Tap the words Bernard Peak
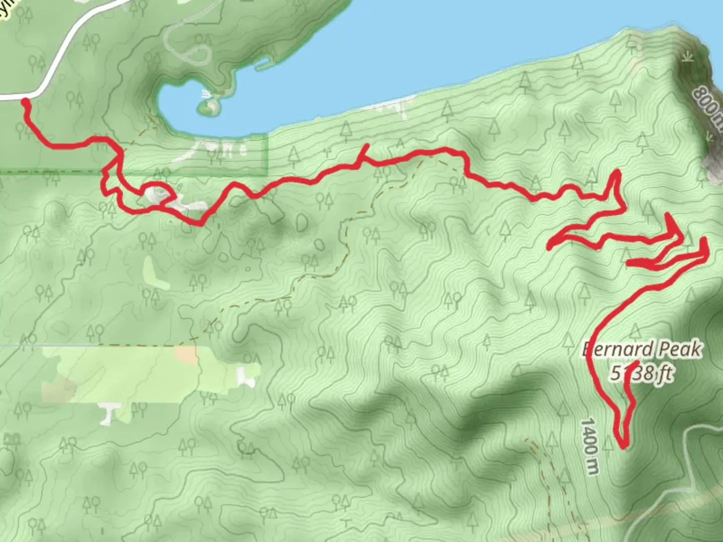643,349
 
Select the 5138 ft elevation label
641,373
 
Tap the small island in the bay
209,106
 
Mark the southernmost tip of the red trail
624,446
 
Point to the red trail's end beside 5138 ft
638,362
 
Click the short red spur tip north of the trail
368,146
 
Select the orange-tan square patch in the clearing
186,355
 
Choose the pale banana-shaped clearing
155,273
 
